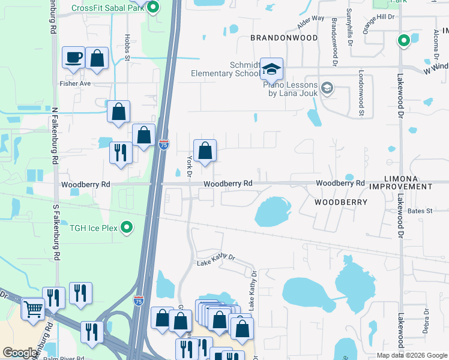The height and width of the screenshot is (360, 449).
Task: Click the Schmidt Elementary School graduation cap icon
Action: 271,70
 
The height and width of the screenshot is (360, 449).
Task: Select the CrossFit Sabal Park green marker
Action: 152,8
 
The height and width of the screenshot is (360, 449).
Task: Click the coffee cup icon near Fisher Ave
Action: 74,58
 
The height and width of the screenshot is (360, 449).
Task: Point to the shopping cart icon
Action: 34,310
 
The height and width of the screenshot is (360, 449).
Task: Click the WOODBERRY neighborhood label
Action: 340,203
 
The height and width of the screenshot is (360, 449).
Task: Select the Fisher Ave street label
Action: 74,83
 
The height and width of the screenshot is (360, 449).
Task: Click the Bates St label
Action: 420,211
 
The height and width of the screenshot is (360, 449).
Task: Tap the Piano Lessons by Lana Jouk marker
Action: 327,89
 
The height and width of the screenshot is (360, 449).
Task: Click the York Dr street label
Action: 189,167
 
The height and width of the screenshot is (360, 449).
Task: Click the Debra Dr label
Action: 426,320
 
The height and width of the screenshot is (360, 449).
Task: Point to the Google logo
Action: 20,353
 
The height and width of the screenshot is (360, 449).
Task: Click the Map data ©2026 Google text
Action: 411,355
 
